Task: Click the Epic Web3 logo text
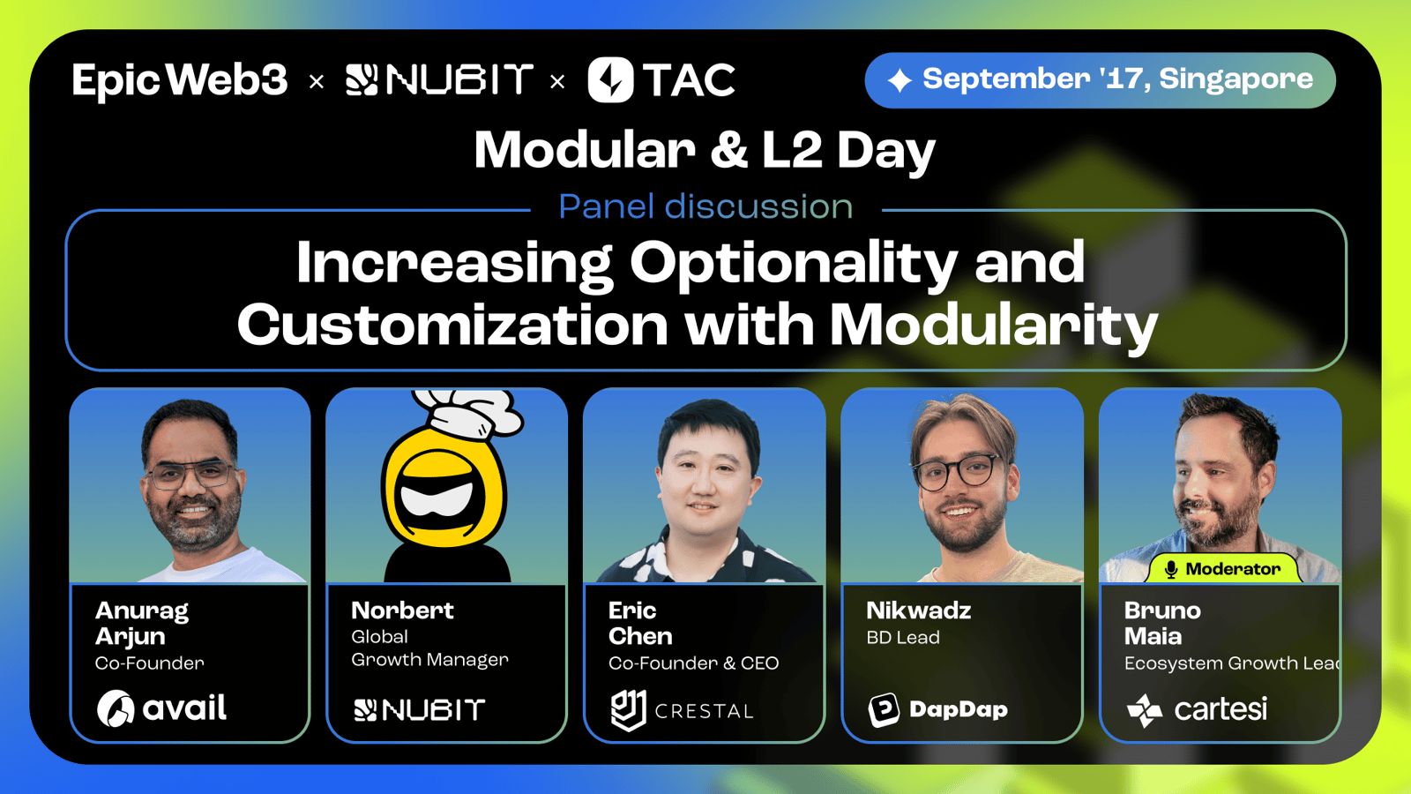coord(180,80)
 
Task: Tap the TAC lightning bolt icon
coord(610,80)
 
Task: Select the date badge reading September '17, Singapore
coord(1100,80)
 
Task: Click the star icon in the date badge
coord(900,80)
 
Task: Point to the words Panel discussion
coord(705,206)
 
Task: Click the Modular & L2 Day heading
coord(705,151)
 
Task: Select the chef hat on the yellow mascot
coord(469,413)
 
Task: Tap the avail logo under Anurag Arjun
coord(161,708)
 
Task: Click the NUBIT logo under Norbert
coord(419,709)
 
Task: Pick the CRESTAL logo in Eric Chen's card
coord(683,710)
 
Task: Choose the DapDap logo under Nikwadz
coord(938,709)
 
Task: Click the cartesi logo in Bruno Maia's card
coord(1197,709)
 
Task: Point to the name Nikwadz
coord(918,610)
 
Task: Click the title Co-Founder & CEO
coord(693,663)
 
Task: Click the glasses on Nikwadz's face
coord(959,471)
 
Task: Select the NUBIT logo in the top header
coord(440,80)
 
